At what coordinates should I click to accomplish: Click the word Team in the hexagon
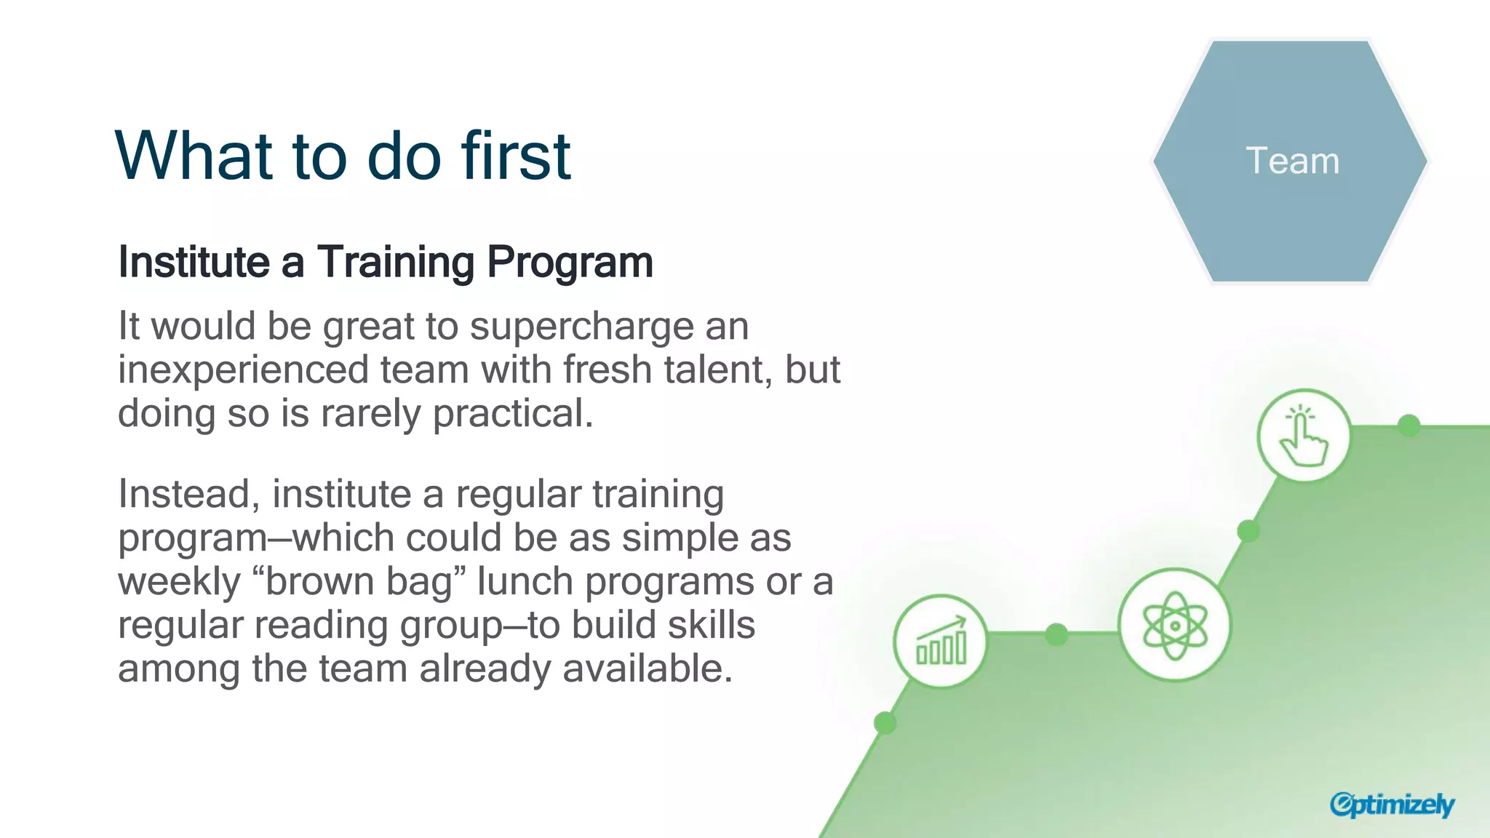(1292, 161)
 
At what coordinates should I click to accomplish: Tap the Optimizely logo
(1391, 805)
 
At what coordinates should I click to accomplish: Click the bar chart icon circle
(941, 642)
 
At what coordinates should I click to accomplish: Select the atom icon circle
(1174, 625)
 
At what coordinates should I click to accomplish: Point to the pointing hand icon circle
(1304, 436)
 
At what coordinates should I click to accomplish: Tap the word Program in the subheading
(570, 263)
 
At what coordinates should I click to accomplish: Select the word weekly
(179, 582)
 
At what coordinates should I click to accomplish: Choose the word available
(647, 669)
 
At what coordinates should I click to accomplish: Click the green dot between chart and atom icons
(1056, 634)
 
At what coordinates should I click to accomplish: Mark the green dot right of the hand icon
(1409, 426)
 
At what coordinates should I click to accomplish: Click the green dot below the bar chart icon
(885, 723)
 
